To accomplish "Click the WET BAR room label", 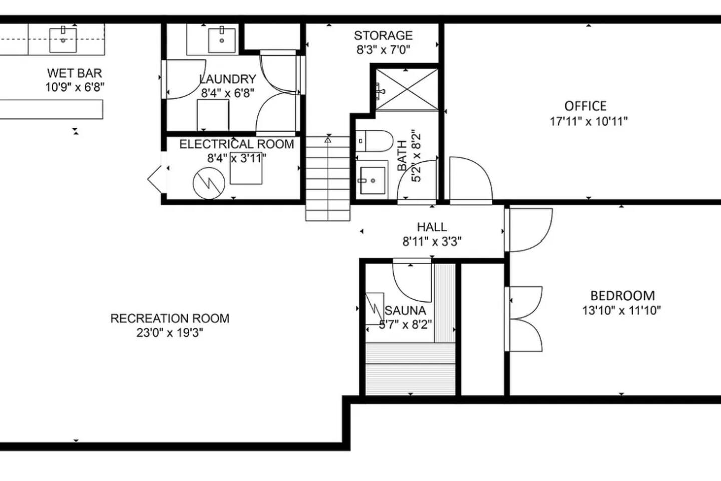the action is [74, 73].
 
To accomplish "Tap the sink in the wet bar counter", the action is [63, 40].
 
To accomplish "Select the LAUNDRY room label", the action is [228, 79].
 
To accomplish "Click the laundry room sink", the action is [222, 40].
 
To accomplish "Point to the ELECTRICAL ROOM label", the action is [236, 144].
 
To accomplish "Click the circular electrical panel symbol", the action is [209, 184].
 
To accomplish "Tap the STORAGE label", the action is [384, 36].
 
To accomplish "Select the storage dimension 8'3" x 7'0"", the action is [384, 50].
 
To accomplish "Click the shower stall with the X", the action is [407, 89].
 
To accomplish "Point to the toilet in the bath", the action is [375, 141].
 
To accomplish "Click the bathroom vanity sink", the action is [373, 181].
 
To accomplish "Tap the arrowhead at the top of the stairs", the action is [328, 140].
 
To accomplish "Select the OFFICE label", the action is [585, 106].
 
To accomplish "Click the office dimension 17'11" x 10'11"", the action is [589, 121].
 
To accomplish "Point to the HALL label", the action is [432, 227].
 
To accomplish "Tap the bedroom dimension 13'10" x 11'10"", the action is [621, 310].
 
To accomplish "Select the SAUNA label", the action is [405, 310].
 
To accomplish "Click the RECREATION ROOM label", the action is [170, 318].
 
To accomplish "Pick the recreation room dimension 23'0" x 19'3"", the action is [170, 333].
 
